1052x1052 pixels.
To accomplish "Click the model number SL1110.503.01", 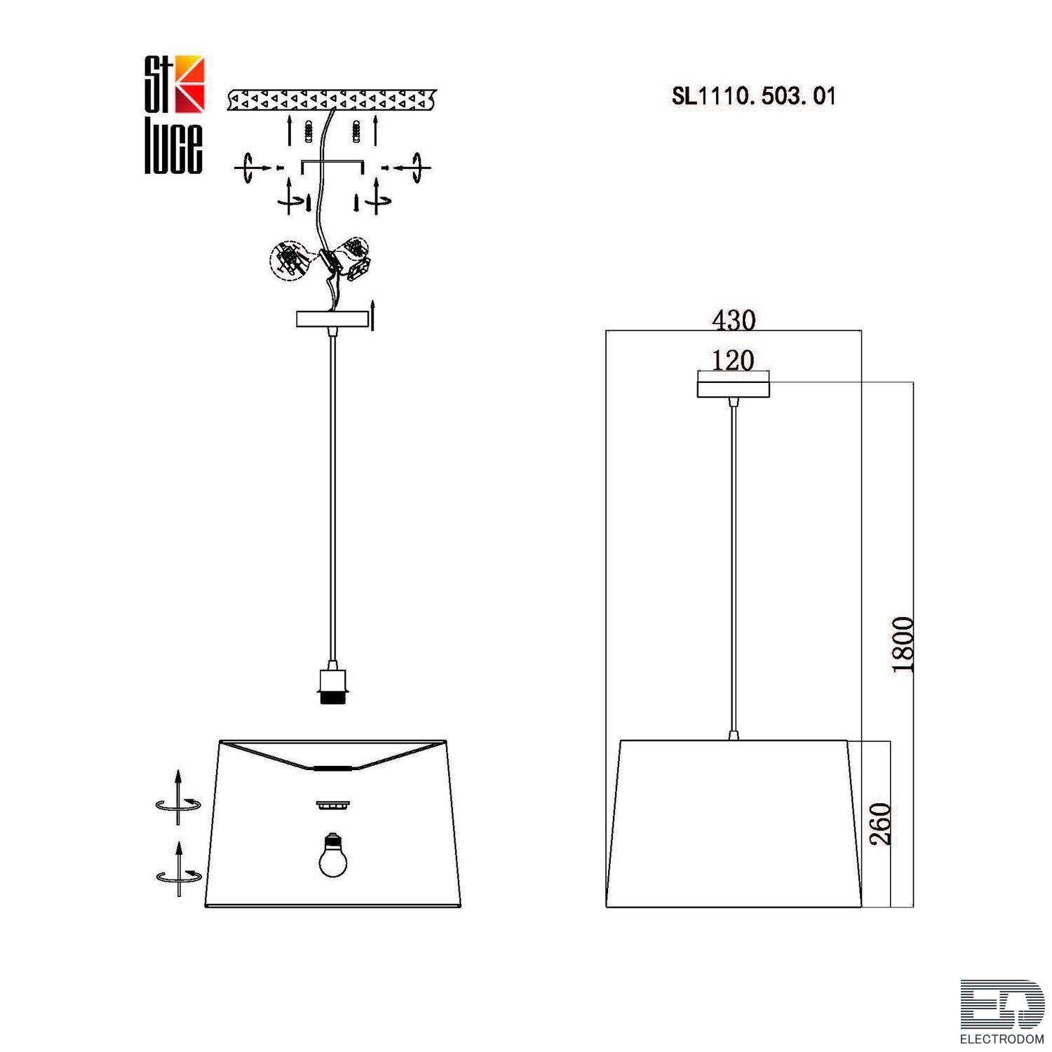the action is tap(754, 96).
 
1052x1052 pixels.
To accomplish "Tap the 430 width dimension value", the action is tap(734, 321).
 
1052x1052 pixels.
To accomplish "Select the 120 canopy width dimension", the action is tap(733, 360).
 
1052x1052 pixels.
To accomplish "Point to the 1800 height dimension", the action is tap(903, 645).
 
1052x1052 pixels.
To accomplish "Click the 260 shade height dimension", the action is tap(880, 824).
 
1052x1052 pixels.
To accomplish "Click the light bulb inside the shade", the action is tap(333, 855).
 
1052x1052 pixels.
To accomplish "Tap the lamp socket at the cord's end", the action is tap(332, 687).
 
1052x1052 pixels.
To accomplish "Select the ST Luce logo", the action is tap(175, 114).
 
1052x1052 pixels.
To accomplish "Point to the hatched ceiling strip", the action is tap(332, 100).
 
